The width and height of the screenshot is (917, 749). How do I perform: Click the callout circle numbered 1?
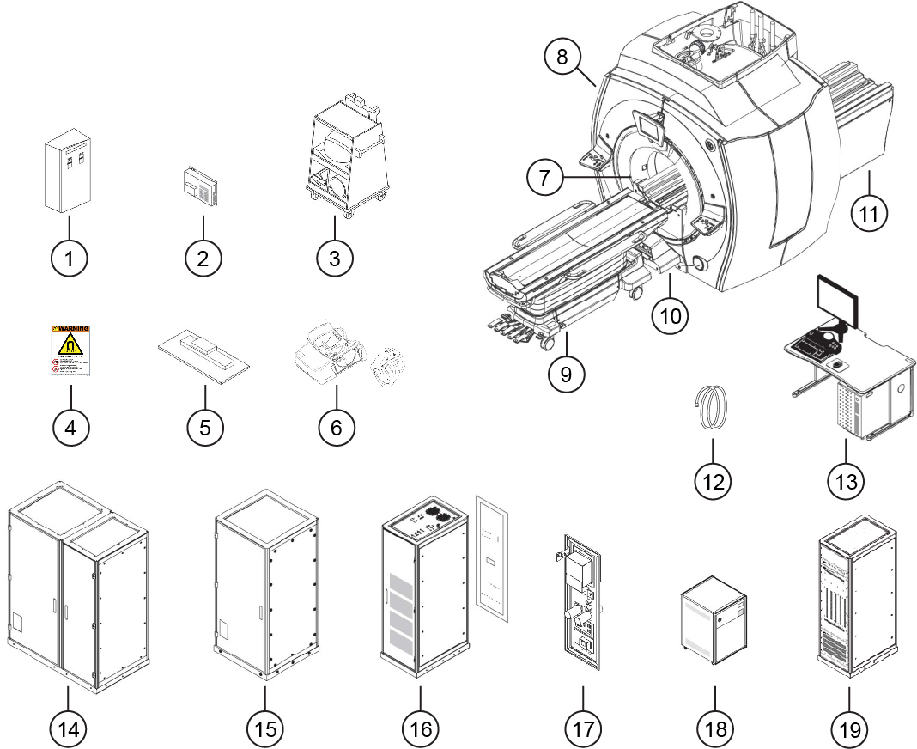click(x=70, y=257)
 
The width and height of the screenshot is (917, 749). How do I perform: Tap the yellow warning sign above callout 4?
click(x=71, y=351)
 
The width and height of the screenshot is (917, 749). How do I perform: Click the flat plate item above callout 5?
click(x=205, y=354)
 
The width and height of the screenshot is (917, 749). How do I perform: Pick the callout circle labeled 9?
click(x=568, y=374)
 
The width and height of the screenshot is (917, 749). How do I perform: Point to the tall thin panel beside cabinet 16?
click(x=493, y=558)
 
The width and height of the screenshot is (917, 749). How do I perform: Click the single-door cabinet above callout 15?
click(x=265, y=593)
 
